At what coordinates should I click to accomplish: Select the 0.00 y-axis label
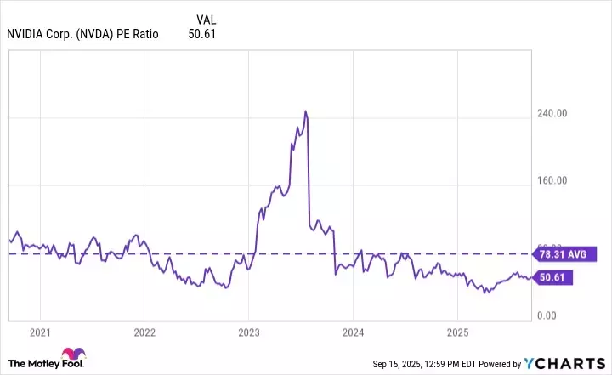(x=556, y=316)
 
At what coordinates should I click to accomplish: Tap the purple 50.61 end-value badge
(x=552, y=277)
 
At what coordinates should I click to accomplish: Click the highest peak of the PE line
(x=305, y=111)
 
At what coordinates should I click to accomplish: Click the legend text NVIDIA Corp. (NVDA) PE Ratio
(x=82, y=35)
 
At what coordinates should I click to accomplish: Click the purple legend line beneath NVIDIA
(x=82, y=43)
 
